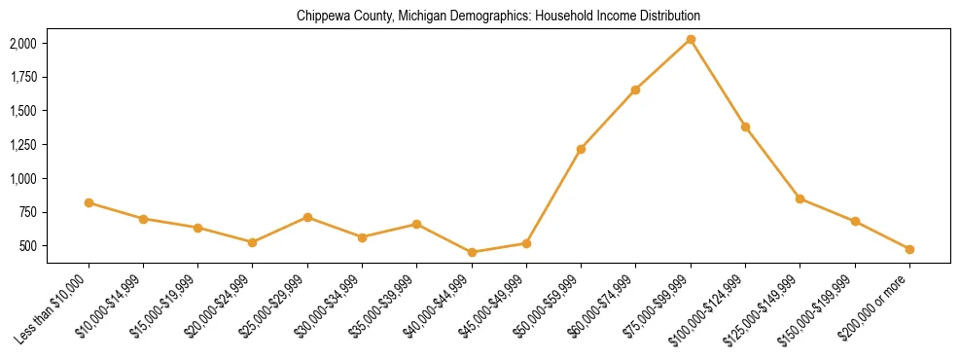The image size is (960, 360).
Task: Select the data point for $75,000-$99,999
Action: tap(691, 39)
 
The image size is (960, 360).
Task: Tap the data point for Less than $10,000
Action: tap(89, 202)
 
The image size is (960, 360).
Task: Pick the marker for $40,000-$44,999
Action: tap(472, 252)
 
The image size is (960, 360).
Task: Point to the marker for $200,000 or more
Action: tap(909, 249)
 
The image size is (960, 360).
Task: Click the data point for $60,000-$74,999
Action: tap(635, 90)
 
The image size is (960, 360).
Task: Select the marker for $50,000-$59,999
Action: tap(581, 149)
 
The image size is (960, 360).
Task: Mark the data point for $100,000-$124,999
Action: tap(745, 126)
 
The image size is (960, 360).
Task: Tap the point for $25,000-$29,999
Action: tap(307, 217)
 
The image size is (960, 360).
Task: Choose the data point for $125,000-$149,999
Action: tap(800, 198)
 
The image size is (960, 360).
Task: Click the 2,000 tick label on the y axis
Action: tap(22, 44)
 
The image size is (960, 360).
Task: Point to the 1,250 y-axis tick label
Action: tap(22, 145)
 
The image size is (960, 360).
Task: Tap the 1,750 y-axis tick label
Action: tap(22, 78)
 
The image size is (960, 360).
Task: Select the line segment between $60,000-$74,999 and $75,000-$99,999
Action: tap(662, 64)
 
